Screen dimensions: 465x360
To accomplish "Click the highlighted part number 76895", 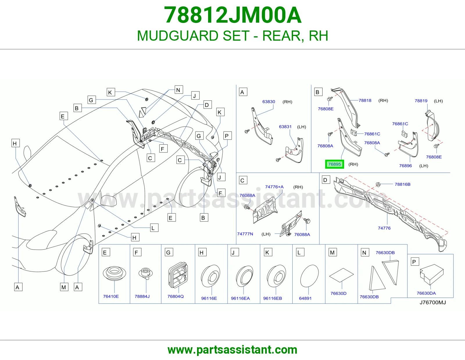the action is (x=335, y=164).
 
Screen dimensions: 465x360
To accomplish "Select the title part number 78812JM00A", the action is (x=233, y=15).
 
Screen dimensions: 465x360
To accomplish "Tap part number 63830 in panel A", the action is (x=269, y=102).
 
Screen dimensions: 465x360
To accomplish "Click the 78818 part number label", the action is (x=365, y=100).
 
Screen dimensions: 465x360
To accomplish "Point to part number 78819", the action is (x=421, y=101).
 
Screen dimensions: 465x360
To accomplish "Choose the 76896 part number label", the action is (x=405, y=166).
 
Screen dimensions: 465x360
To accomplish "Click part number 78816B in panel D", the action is (x=403, y=184).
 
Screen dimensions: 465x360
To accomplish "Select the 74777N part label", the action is (x=245, y=234).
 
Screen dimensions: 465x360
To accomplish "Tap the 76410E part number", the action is (x=111, y=296).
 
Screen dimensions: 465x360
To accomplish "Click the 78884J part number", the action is (x=142, y=296).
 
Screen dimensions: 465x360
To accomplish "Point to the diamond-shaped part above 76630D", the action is (x=341, y=275).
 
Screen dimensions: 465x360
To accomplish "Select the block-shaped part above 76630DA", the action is (x=432, y=274).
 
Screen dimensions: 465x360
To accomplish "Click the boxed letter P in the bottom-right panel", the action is (x=414, y=262).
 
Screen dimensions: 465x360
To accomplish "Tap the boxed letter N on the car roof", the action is (x=178, y=90).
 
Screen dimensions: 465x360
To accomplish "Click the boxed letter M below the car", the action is (x=64, y=287).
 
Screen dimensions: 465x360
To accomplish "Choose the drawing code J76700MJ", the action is (x=433, y=303).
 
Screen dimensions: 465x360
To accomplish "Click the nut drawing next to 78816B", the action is (x=378, y=184).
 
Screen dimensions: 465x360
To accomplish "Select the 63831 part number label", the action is (x=285, y=127).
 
